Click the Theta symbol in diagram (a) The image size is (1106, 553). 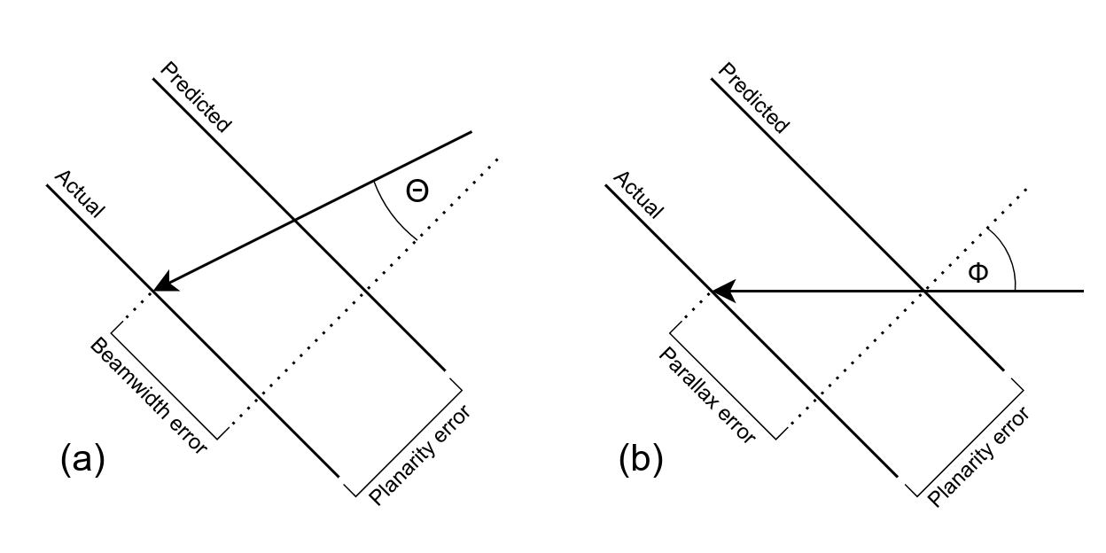point(417,191)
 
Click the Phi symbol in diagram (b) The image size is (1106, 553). point(977,272)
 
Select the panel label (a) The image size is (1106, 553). point(82,460)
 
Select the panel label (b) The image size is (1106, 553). point(641,460)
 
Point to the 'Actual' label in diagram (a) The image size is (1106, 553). point(80,193)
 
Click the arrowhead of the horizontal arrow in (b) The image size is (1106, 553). point(720,290)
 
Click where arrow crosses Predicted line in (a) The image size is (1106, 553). point(295,220)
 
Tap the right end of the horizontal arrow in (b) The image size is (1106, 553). point(1083,290)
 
